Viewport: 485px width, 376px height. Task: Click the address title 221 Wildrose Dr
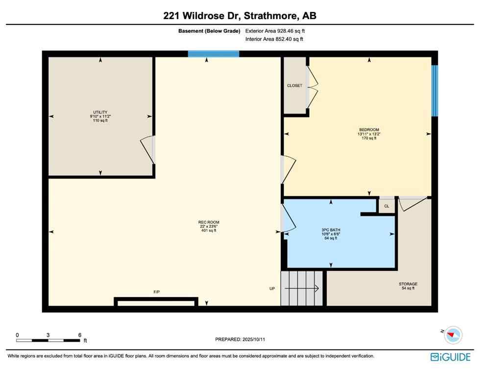point(240,16)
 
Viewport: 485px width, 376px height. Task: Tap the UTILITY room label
point(100,112)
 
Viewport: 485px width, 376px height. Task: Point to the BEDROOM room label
point(369,130)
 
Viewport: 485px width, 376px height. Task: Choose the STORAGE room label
point(408,284)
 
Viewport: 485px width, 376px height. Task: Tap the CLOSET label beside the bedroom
point(294,86)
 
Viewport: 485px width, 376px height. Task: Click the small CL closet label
point(386,206)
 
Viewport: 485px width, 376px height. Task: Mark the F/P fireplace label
point(157,292)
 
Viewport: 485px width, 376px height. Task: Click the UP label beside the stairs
point(272,288)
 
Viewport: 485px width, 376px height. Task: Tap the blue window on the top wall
point(214,54)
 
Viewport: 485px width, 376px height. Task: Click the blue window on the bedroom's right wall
point(434,91)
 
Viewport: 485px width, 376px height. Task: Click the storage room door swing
point(409,204)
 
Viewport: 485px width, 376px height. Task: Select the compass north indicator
point(453,335)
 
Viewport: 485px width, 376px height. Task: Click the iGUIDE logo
point(450,357)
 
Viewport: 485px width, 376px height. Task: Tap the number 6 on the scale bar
point(79,335)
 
